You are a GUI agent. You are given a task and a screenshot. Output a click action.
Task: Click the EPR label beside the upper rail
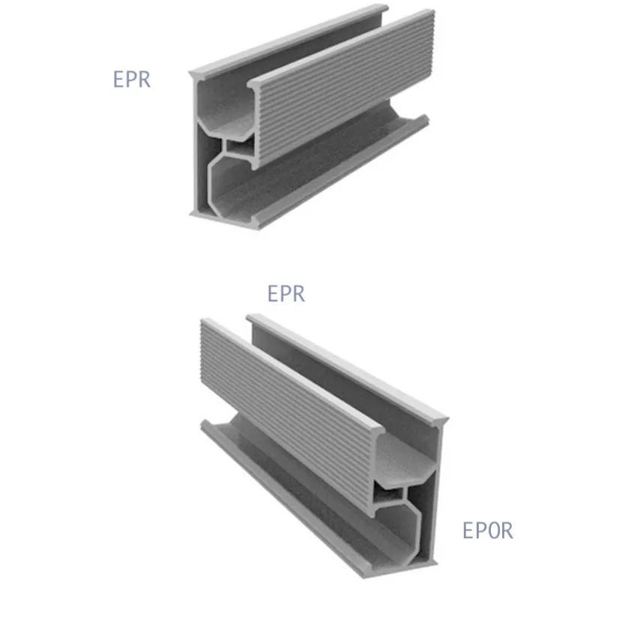[x=132, y=79]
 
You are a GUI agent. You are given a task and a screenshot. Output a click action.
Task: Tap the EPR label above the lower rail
[x=286, y=294]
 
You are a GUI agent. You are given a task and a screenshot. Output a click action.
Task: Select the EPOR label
[x=488, y=531]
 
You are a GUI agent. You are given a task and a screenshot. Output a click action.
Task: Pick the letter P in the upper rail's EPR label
[x=132, y=79]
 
